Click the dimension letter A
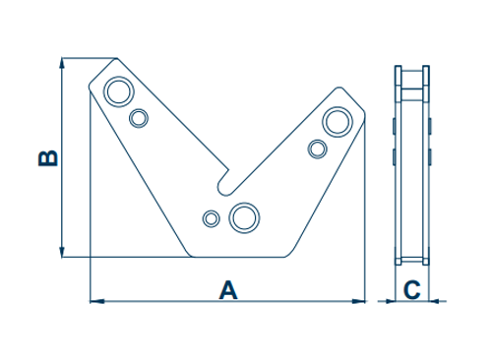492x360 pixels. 228,290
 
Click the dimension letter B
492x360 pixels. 48,158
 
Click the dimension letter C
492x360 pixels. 412,290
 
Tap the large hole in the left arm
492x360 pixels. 119,91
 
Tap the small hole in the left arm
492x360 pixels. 139,118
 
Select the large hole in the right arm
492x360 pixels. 338,122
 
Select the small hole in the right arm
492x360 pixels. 317,150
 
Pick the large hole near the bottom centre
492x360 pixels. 244,217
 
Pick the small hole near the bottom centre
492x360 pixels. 212,218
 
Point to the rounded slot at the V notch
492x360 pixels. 224,184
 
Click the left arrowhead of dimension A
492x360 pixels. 97,301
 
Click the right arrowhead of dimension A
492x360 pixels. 358,301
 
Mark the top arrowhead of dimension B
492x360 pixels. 62,64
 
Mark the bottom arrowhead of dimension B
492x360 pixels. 62,251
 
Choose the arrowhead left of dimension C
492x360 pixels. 391,301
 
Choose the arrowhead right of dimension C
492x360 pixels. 434,301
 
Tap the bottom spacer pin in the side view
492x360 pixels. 412,260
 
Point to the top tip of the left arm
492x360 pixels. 116,58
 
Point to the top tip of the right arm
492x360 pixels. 338,88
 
